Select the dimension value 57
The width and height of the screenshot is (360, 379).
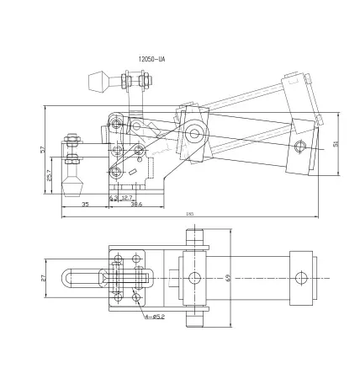point(41,149)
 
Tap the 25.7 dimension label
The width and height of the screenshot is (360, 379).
point(49,176)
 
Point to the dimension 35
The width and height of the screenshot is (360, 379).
point(86,205)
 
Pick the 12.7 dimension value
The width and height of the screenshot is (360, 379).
point(127,197)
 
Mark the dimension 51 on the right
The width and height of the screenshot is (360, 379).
point(336,143)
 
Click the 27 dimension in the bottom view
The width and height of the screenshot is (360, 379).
point(44,277)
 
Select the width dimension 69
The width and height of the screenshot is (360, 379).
point(228,277)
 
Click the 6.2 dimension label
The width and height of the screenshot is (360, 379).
point(113,197)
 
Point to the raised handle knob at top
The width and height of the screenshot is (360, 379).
point(96,82)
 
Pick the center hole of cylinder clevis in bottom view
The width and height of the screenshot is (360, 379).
point(194,278)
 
